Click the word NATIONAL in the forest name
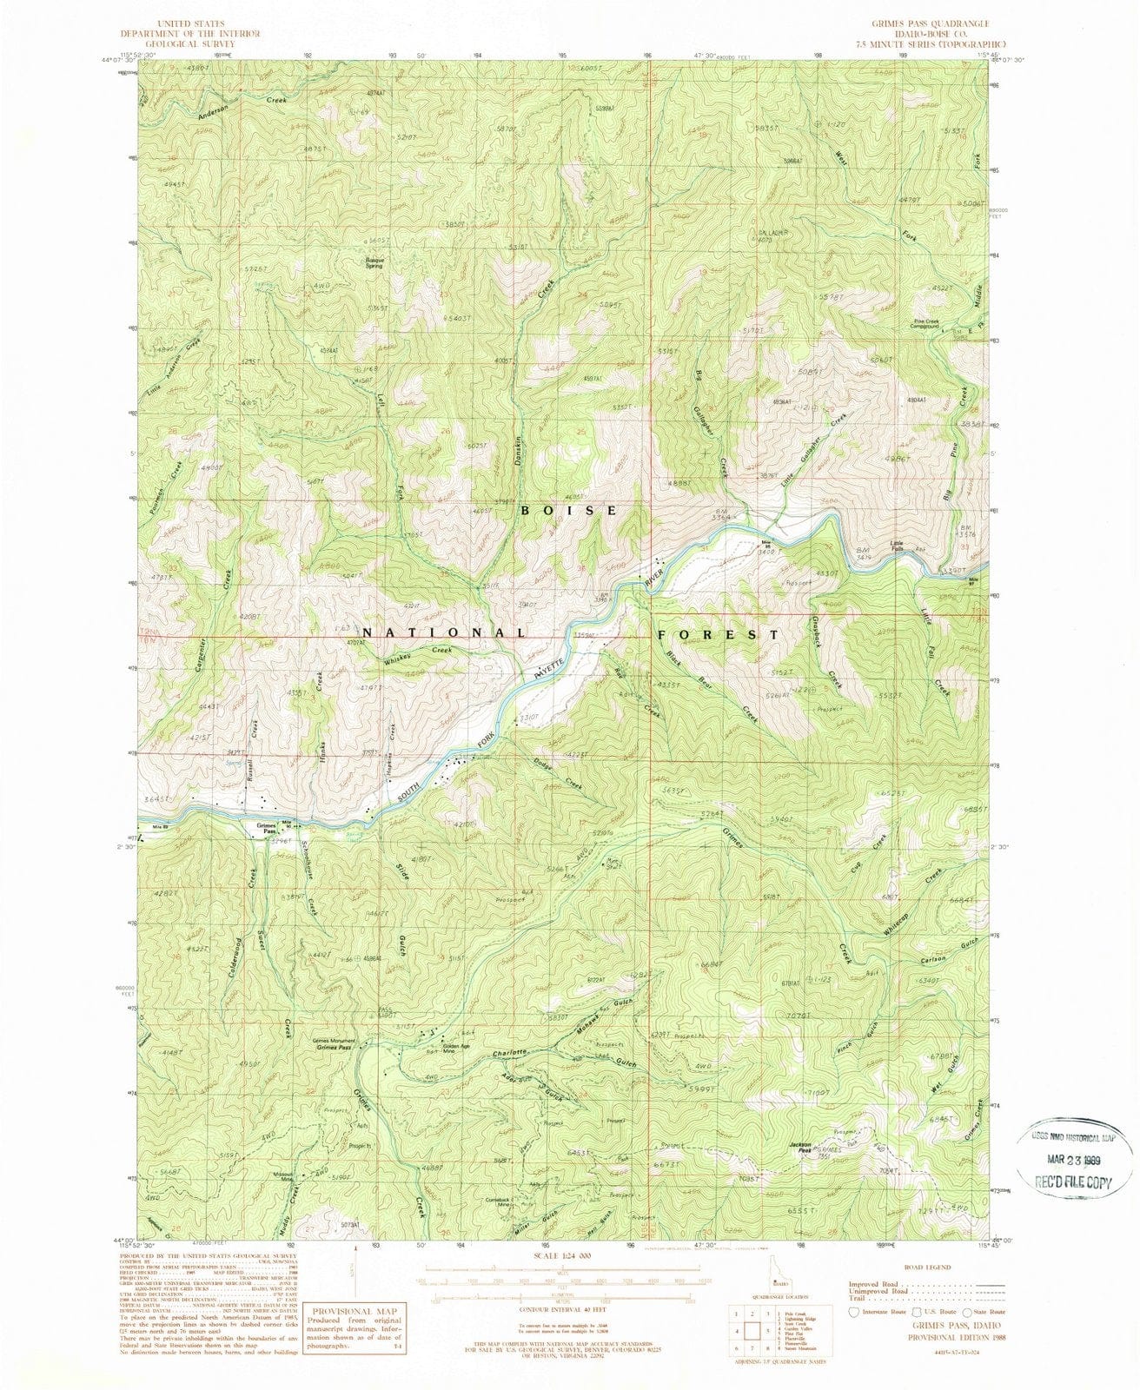pyautogui.click(x=442, y=633)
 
